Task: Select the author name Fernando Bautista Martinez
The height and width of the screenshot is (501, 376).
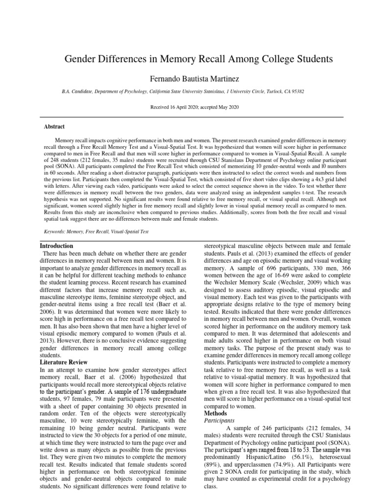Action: click(188, 78)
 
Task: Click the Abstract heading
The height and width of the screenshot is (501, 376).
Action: click(55, 126)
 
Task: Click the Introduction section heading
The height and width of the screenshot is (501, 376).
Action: click(56, 246)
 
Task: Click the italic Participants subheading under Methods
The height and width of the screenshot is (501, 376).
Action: click(218, 420)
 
